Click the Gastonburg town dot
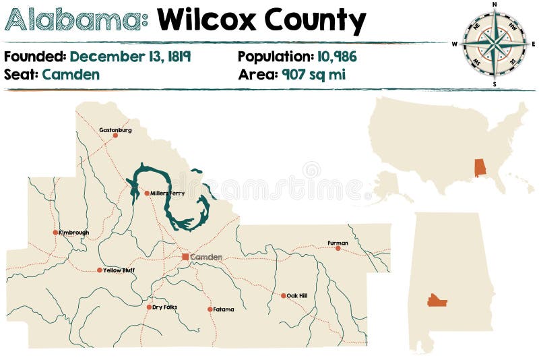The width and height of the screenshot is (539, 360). pyautogui.click(x=115, y=136)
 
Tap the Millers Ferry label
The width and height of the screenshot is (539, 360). pyautogui.click(x=168, y=193)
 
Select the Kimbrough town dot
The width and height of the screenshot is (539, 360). pyautogui.click(x=55, y=233)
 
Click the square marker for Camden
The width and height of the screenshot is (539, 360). pyautogui.click(x=185, y=257)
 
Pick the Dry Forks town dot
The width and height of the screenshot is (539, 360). pyautogui.click(x=149, y=307)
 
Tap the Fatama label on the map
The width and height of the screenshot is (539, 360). pyautogui.click(x=224, y=309)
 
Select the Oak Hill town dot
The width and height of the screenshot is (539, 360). pyautogui.click(x=284, y=295)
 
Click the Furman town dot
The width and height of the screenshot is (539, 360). pyautogui.click(x=338, y=248)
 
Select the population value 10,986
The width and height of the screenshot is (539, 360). pyautogui.click(x=336, y=57)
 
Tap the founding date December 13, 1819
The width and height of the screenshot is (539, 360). pyautogui.click(x=130, y=57)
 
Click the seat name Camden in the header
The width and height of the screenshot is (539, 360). pyautogui.click(x=71, y=74)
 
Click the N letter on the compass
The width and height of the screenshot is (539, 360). pyautogui.click(x=495, y=5)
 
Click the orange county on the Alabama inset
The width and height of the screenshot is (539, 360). pyautogui.click(x=437, y=300)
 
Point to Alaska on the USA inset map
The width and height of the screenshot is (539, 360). pyautogui.click(x=387, y=185)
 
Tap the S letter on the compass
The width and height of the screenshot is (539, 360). pyautogui.click(x=495, y=84)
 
